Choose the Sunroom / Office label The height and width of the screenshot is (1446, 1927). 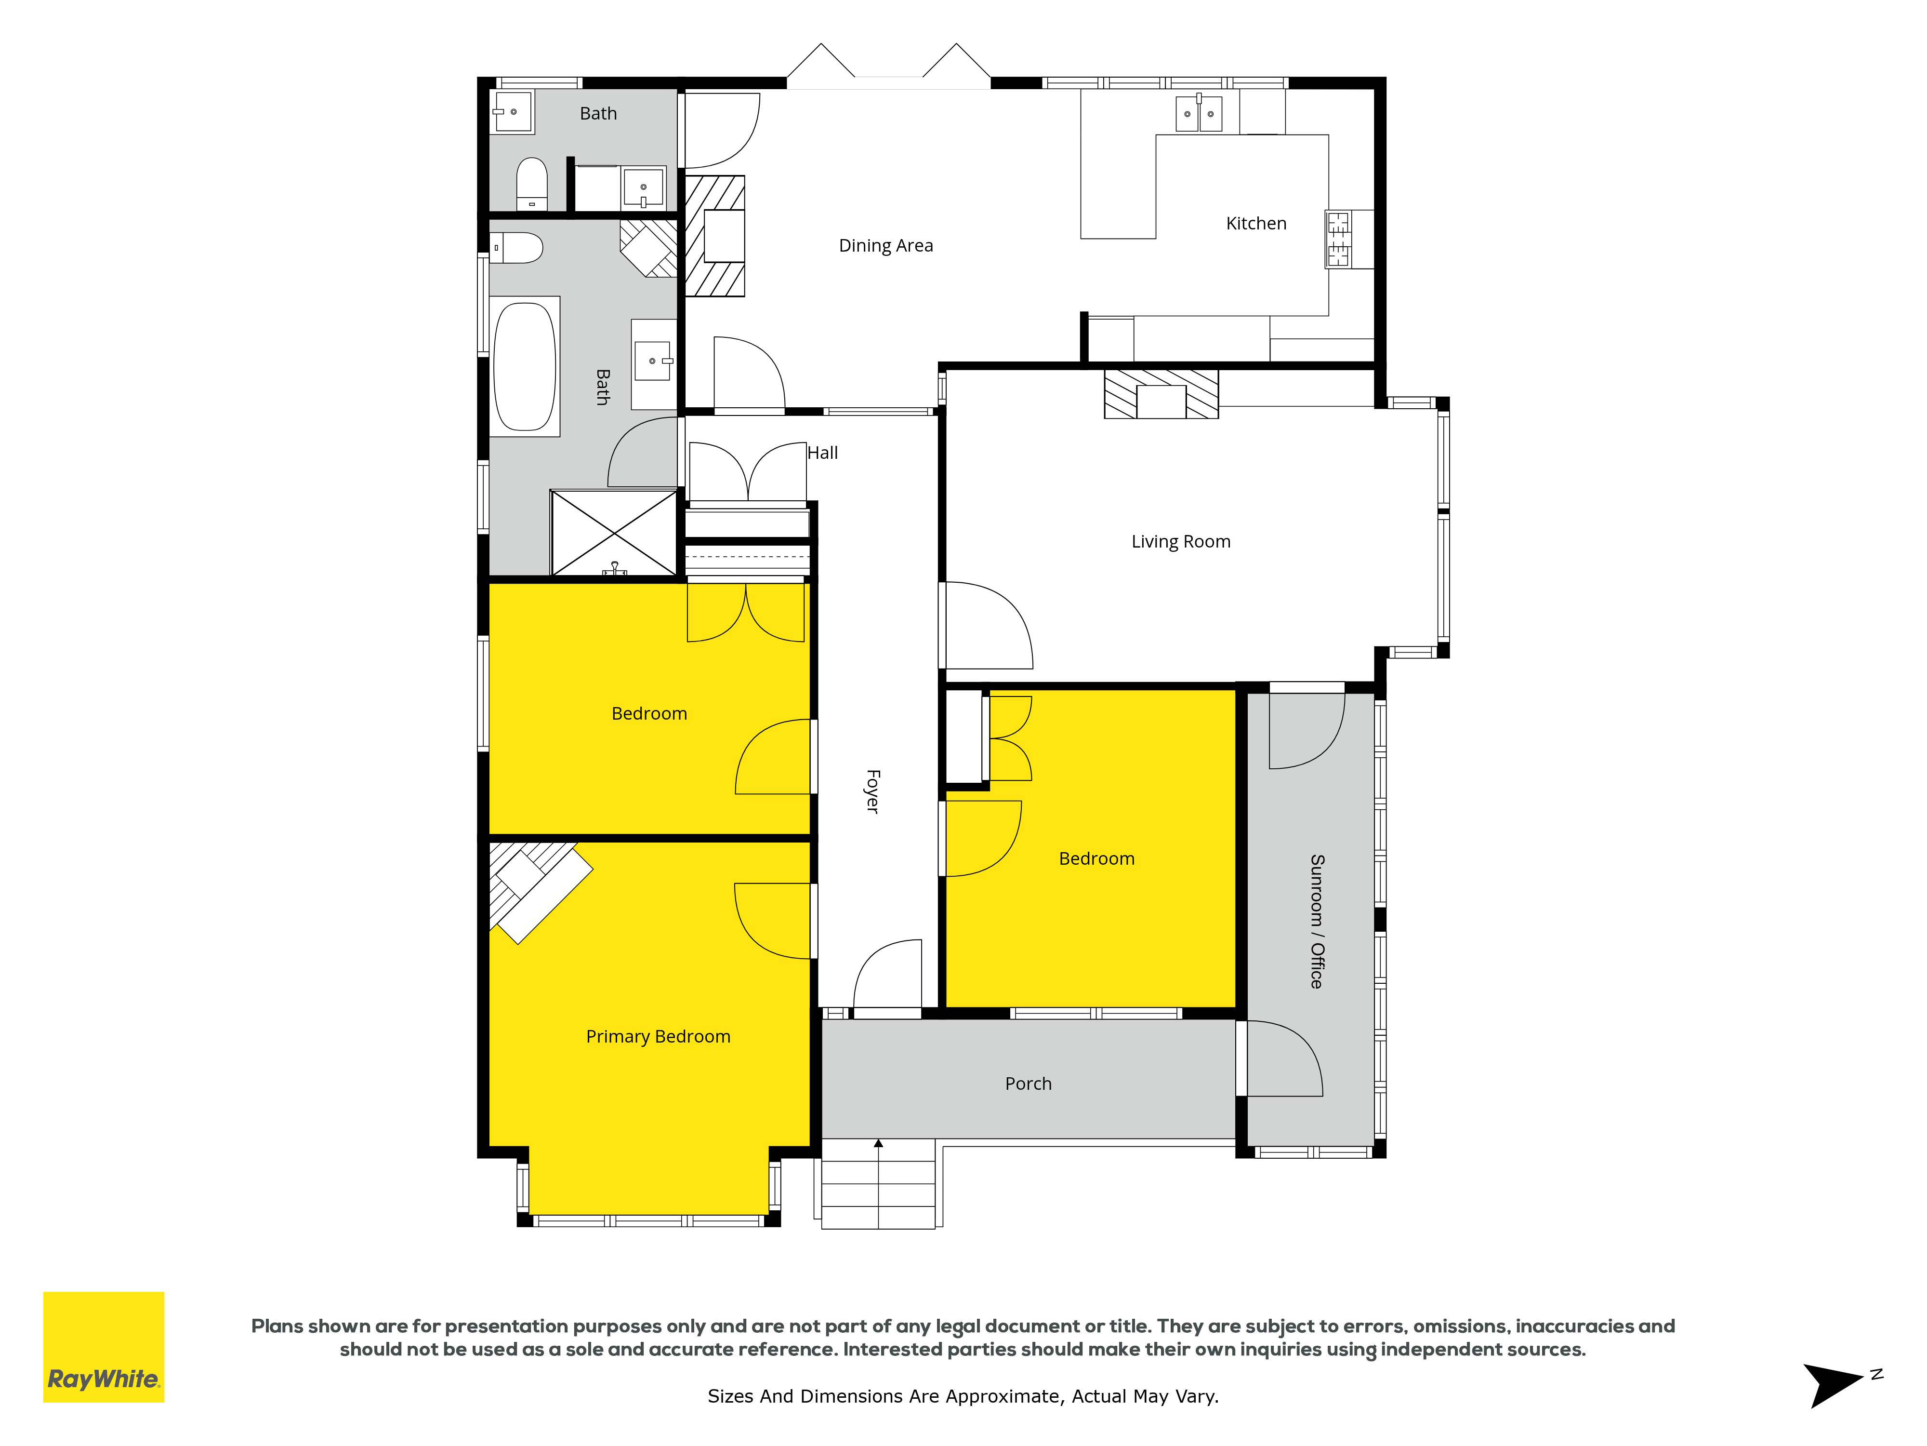point(1316,921)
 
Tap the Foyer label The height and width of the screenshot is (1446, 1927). point(872,791)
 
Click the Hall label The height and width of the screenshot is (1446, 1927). point(822,453)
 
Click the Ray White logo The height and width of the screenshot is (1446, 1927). point(104,1347)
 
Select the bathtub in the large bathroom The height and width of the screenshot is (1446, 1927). point(525,366)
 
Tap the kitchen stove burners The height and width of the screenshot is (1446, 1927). point(1338,239)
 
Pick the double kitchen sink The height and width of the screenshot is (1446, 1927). point(1199,113)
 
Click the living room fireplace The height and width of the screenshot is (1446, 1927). point(1161,394)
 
